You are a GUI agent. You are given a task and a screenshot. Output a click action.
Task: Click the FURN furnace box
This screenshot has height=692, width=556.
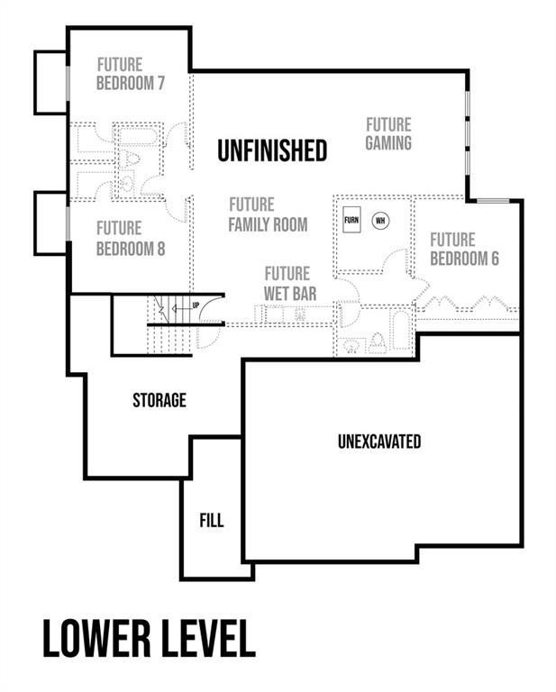pyautogui.click(x=351, y=219)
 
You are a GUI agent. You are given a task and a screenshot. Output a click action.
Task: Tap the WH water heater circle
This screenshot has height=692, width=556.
pyautogui.click(x=380, y=220)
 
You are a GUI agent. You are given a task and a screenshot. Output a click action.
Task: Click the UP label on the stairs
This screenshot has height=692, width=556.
pyautogui.click(x=196, y=305)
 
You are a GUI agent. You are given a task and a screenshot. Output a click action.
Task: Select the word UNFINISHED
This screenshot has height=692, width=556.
pyautogui.click(x=272, y=150)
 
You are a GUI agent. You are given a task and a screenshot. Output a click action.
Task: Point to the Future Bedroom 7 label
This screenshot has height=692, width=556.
pyautogui.click(x=130, y=74)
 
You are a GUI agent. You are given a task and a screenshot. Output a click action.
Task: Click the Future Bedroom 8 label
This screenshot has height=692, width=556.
pyautogui.click(x=130, y=239)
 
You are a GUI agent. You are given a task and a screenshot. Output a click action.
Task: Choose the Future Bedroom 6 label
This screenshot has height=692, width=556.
pyautogui.click(x=464, y=250)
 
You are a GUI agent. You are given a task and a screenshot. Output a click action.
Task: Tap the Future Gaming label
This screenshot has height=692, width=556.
pyautogui.click(x=388, y=133)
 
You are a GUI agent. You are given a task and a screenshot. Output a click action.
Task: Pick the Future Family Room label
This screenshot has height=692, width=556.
pyautogui.click(x=268, y=215)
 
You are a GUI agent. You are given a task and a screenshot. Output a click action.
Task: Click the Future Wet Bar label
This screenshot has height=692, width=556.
pyautogui.click(x=290, y=284)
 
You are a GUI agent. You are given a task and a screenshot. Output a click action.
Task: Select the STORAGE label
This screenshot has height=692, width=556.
pyautogui.click(x=160, y=400)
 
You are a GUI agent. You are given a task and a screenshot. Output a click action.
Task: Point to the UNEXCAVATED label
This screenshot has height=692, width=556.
pyautogui.click(x=379, y=442)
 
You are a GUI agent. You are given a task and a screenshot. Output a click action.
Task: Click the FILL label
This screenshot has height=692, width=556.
pyautogui.click(x=212, y=520)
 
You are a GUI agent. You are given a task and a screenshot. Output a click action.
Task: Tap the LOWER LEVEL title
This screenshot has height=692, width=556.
pyautogui.click(x=150, y=639)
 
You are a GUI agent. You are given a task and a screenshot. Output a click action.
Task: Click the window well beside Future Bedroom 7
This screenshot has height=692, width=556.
pyautogui.click(x=50, y=83)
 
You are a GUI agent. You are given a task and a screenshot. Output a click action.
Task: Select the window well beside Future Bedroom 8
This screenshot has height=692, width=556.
pyautogui.click(x=50, y=223)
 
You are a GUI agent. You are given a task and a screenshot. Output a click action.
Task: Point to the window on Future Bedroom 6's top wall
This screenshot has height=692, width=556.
pyautogui.click(x=493, y=201)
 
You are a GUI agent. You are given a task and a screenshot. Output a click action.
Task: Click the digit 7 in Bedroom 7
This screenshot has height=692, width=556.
pyautogui.click(x=160, y=83)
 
